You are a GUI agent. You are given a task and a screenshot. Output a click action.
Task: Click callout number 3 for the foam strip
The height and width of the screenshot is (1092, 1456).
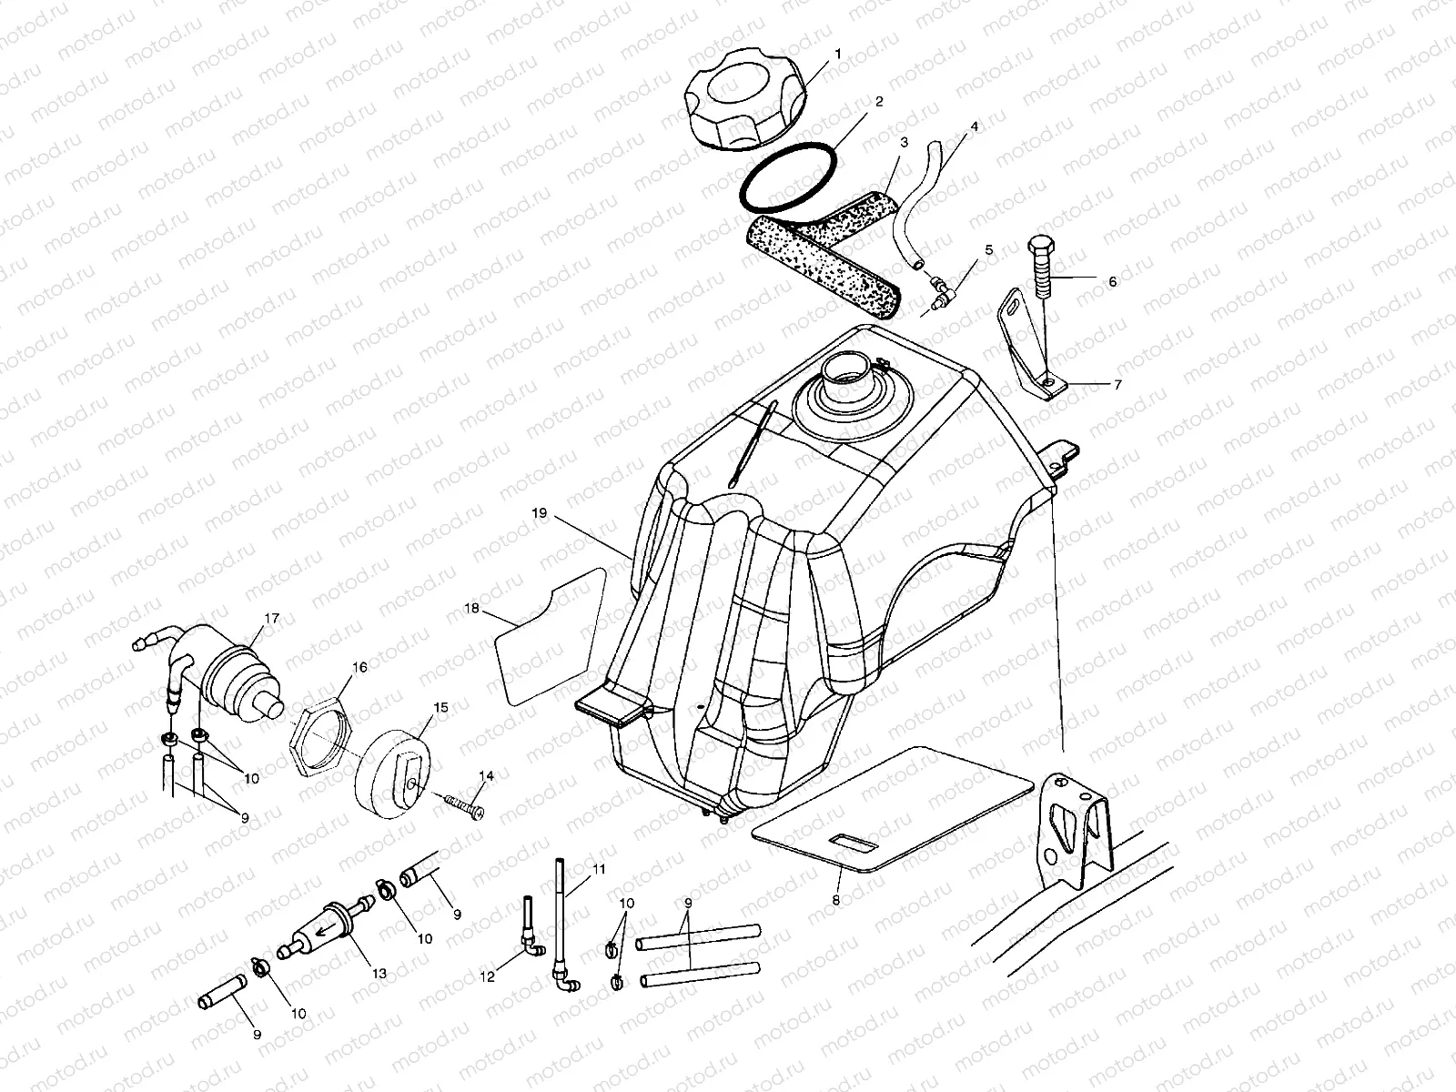click(904, 143)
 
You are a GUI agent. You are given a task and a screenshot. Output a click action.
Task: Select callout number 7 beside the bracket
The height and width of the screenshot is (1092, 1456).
click(1117, 385)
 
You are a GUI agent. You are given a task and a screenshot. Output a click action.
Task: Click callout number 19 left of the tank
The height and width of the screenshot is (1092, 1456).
click(539, 513)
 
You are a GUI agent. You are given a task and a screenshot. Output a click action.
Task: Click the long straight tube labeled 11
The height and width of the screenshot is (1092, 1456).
click(557, 919)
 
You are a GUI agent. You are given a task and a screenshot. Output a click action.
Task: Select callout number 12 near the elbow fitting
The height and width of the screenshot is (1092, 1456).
click(488, 976)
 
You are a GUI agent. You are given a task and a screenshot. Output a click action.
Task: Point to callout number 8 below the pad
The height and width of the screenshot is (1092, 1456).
click(836, 899)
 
